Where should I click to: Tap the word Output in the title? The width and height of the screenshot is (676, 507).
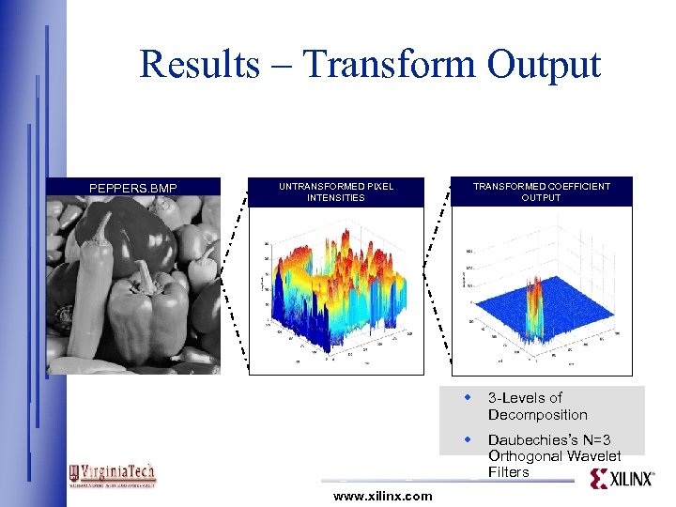click(544, 65)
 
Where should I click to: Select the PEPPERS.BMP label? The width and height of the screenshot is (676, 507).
click(132, 189)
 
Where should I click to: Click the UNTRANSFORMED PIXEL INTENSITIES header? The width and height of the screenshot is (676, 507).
click(336, 192)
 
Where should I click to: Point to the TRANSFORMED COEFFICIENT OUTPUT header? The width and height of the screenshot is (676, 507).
click(541, 192)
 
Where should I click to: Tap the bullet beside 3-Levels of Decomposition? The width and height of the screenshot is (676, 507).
click(467, 398)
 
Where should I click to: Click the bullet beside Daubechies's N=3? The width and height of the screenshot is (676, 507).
click(467, 439)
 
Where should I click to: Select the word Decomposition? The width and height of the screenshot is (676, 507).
click(537, 415)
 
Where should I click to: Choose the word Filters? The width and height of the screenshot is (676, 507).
click(509, 472)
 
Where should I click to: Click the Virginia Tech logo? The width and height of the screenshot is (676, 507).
click(112, 475)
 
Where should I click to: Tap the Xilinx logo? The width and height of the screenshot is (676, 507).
click(622, 479)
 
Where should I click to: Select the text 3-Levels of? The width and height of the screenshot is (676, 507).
click(525, 398)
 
